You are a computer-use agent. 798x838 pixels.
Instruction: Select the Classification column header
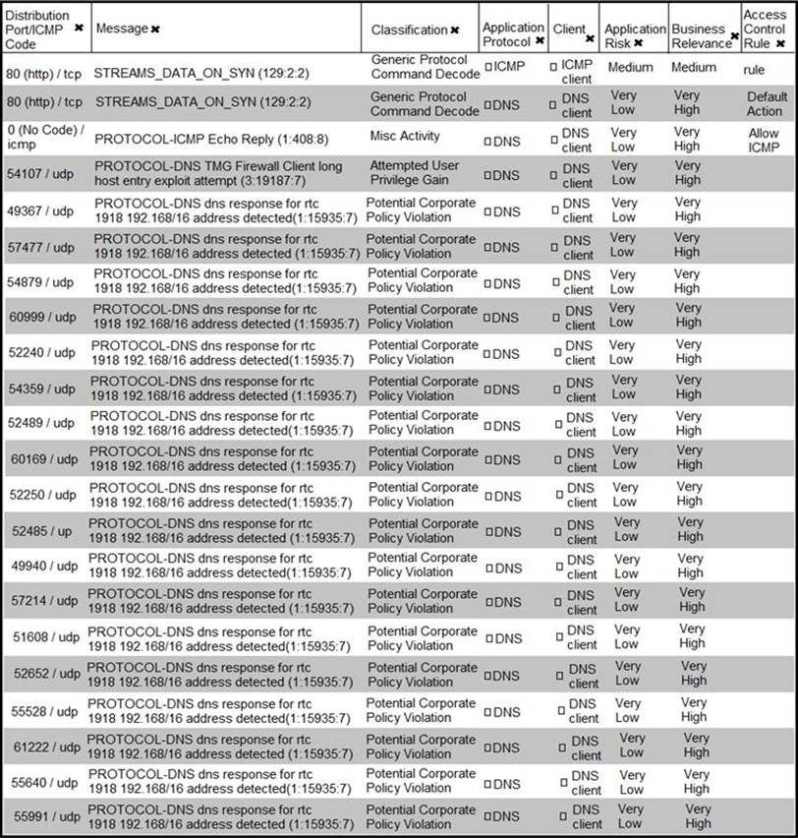(x=409, y=30)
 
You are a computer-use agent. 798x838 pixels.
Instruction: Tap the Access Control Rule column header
(x=764, y=30)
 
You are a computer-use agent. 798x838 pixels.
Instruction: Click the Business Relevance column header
(x=701, y=35)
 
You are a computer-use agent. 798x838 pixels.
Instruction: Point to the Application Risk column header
(x=634, y=35)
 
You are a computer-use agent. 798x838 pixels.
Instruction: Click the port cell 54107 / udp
(x=40, y=174)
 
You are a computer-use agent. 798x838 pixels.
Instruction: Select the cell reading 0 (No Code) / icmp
(x=43, y=139)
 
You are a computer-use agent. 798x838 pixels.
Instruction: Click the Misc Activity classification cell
(x=405, y=136)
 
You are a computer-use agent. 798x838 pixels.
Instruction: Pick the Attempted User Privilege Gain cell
(x=414, y=173)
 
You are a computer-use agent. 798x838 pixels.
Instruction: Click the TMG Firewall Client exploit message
(x=218, y=174)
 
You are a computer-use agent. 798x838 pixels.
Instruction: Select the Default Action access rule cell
(x=766, y=103)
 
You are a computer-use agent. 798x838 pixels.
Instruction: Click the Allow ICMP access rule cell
(x=763, y=140)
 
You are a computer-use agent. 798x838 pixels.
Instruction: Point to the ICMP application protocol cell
(x=509, y=66)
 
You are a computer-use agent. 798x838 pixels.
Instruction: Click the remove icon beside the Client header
(x=590, y=38)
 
